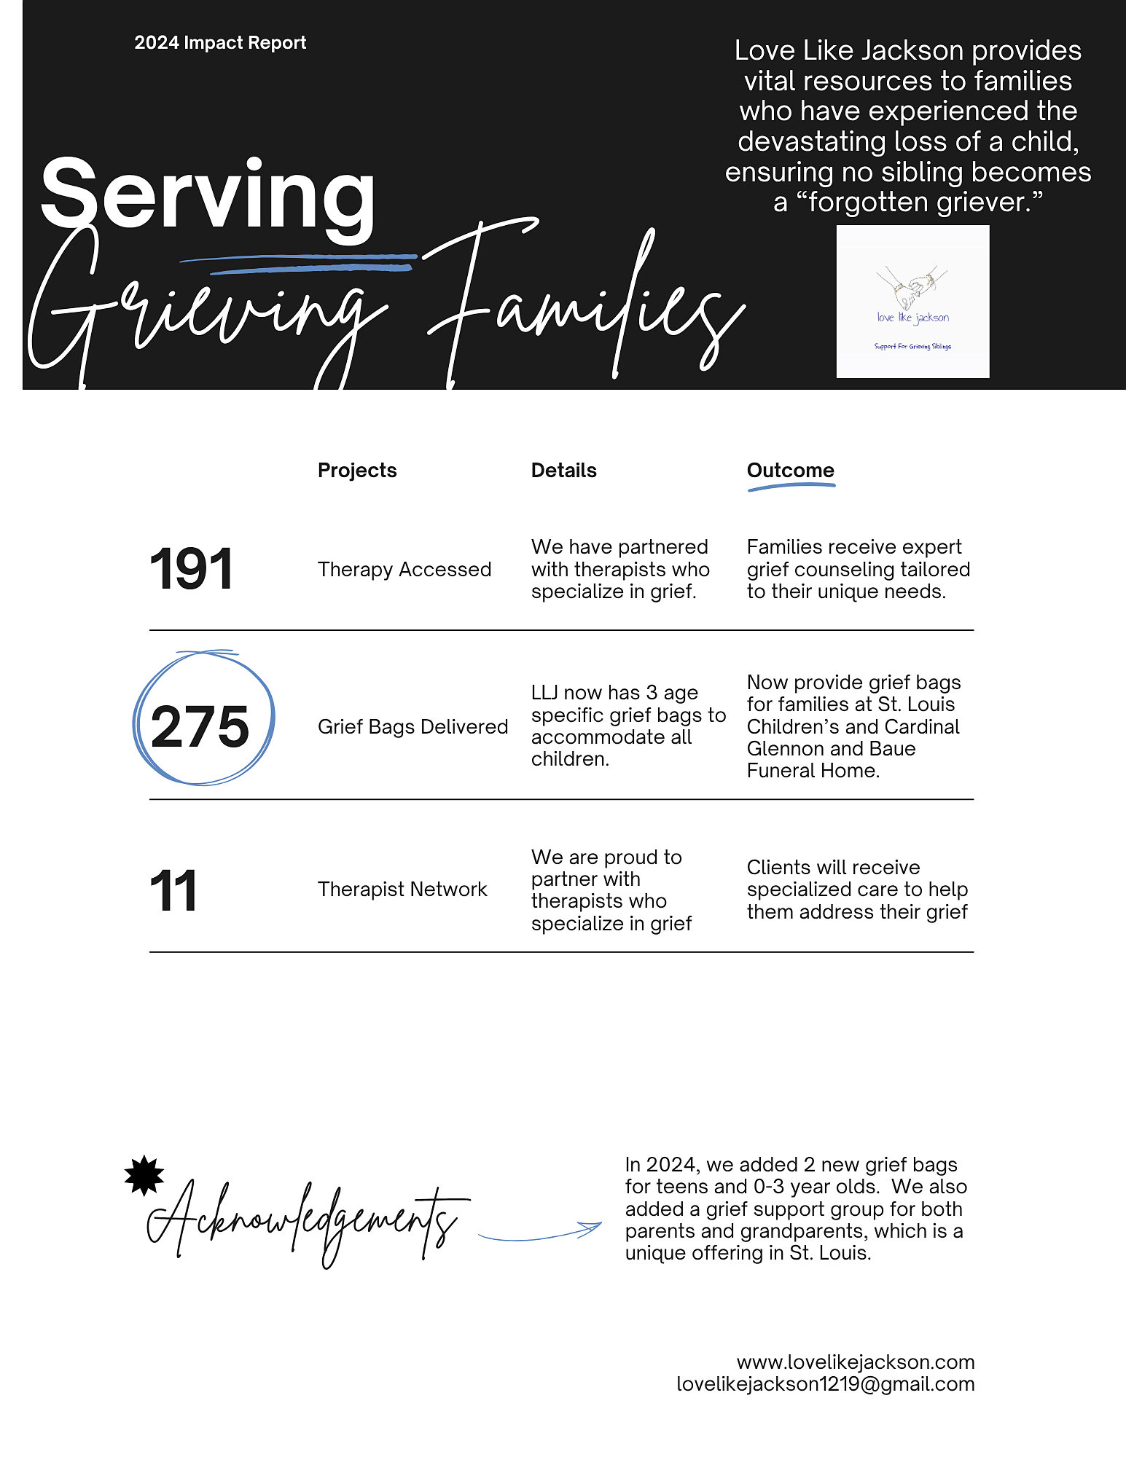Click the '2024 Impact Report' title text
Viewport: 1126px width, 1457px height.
[x=220, y=43]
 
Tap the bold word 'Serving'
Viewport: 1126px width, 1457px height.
[x=208, y=195]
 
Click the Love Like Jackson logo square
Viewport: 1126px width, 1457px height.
[x=912, y=302]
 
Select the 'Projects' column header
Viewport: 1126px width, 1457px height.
[x=357, y=471]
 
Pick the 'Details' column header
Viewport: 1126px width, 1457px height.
[x=563, y=471]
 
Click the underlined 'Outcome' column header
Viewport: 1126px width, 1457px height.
[x=790, y=471]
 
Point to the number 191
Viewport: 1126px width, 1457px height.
[x=191, y=569]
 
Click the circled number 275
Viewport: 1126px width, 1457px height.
[x=200, y=726]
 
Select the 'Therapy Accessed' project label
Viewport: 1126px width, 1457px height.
[x=404, y=570]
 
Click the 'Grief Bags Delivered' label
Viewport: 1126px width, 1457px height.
[x=413, y=727]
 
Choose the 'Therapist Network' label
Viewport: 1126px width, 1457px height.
[x=402, y=889]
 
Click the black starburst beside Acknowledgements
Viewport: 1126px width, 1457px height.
[x=144, y=1175]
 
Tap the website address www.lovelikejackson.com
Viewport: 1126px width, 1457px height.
[x=855, y=1362]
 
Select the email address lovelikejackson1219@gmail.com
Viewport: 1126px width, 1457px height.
[x=825, y=1384]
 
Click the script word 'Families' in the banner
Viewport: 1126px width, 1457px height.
[x=583, y=306]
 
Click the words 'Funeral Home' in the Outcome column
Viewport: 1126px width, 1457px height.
[x=813, y=771]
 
